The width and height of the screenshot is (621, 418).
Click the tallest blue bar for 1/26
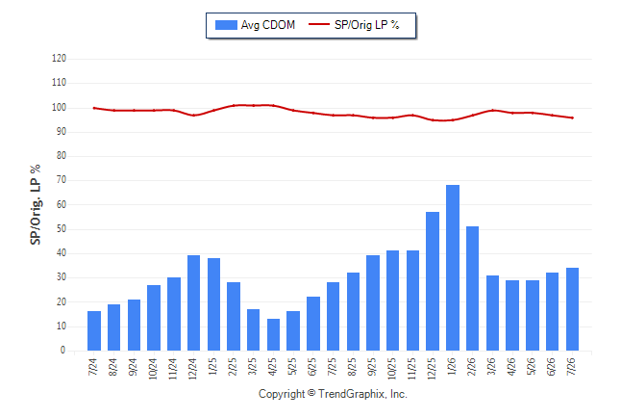click(452, 268)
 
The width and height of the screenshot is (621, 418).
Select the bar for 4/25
click(273, 334)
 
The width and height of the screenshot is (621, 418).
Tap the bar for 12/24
click(193, 302)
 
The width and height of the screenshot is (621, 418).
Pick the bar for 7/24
click(94, 330)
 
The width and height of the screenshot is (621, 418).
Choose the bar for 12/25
click(433, 281)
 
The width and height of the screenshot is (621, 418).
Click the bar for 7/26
click(572, 309)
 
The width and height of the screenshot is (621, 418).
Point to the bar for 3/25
click(253, 330)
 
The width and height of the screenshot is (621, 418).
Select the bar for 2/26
click(473, 289)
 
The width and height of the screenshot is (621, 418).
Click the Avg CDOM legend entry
click(255, 25)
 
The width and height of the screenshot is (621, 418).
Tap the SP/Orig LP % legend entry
click(354, 25)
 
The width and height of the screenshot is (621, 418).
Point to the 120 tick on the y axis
click(59, 59)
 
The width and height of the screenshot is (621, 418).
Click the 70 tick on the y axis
click(61, 180)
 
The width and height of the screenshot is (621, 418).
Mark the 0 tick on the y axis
click(63, 351)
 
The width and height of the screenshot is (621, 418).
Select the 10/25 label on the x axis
click(391, 369)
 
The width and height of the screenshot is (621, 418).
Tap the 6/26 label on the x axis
click(551, 367)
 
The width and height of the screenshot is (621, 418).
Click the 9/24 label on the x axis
click(133, 367)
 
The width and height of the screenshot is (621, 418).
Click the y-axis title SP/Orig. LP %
click(36, 204)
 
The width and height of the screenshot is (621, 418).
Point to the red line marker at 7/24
click(94, 108)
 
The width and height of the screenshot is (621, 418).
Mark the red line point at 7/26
click(572, 118)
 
